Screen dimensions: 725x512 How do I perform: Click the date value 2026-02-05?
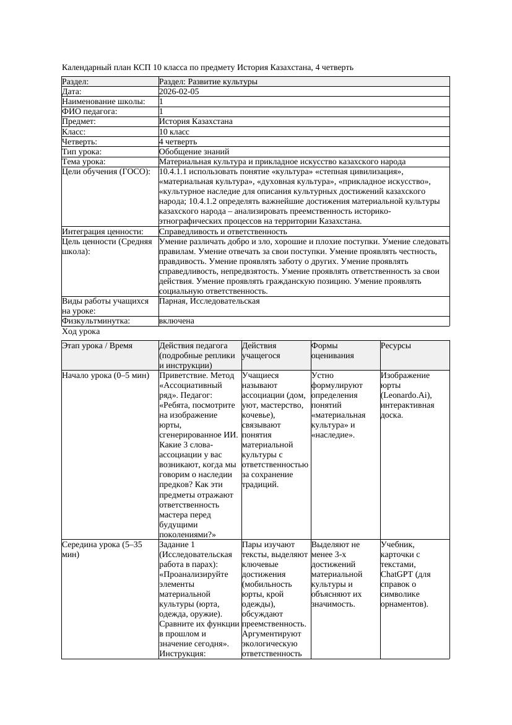click(x=179, y=92)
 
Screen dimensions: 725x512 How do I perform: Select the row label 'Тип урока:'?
click(x=81, y=152)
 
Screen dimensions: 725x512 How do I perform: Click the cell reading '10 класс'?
click(x=174, y=132)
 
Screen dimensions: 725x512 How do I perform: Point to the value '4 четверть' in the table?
click(x=178, y=142)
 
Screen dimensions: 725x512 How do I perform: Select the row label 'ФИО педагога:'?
click(x=90, y=112)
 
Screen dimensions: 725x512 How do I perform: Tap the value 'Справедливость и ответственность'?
click(x=223, y=232)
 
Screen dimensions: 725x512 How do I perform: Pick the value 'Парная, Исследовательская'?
click(x=209, y=301)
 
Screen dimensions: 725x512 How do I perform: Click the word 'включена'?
click(x=176, y=321)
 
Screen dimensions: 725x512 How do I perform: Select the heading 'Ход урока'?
click(x=80, y=332)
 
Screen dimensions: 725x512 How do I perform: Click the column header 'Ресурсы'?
click(x=396, y=346)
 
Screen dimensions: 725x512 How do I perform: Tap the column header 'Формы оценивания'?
click(x=332, y=351)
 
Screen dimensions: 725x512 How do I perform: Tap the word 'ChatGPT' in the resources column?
click(x=396, y=574)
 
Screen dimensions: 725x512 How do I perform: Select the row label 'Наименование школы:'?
click(x=103, y=102)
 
